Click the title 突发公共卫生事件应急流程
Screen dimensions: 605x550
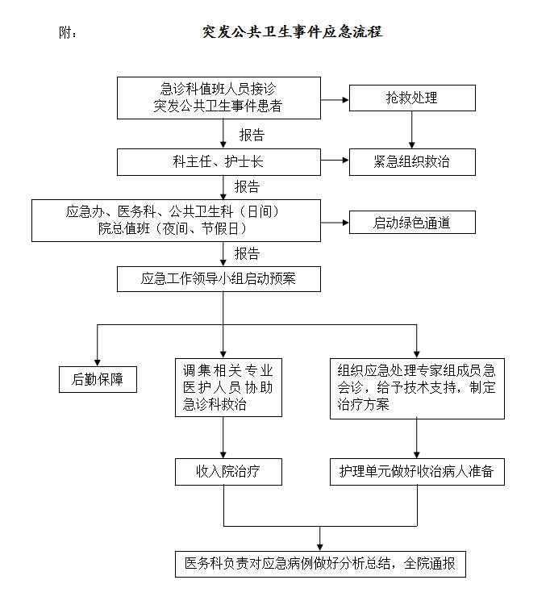pos(292,32)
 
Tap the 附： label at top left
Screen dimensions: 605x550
pos(69,33)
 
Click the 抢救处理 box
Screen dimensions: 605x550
pos(412,98)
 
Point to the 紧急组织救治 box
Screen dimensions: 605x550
pos(412,161)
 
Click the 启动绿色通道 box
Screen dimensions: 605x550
pos(412,222)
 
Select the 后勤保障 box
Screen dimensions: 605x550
pos(98,379)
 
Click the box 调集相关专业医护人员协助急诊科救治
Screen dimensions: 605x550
pos(228,388)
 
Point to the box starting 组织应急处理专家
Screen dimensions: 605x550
pos(417,388)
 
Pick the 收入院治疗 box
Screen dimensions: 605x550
pos(228,471)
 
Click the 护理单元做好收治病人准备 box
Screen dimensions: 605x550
pos(417,471)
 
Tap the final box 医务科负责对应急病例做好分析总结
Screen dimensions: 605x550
pos(321,563)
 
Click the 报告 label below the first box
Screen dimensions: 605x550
pos(252,135)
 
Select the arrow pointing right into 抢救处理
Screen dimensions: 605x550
pos(335,99)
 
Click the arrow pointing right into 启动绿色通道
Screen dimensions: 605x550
pos(335,222)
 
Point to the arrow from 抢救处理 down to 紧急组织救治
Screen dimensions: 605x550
pos(413,129)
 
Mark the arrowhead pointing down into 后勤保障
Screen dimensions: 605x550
pos(98,361)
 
